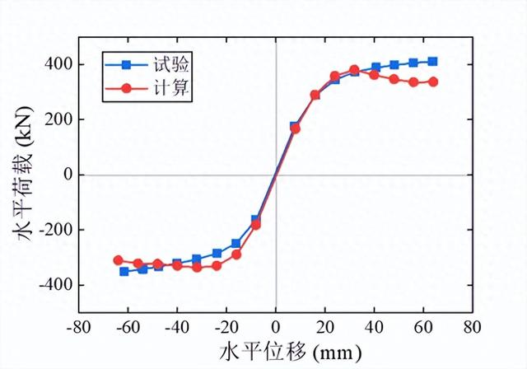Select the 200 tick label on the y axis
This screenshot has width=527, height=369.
coord(61,119)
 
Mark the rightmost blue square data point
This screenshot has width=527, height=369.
coord(432,61)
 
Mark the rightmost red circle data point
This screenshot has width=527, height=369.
coord(432,82)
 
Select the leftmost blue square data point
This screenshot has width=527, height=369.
coord(124,271)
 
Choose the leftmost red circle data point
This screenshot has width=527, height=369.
coord(118,260)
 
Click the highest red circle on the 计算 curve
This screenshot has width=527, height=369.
coord(354,70)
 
